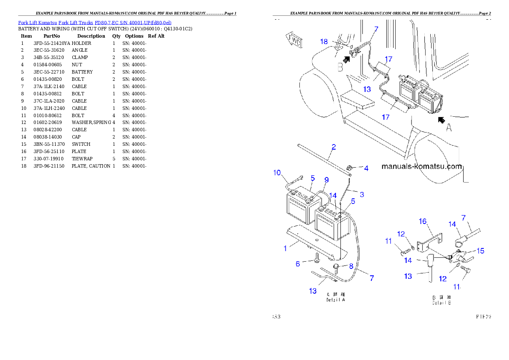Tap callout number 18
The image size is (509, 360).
tap(324, 41)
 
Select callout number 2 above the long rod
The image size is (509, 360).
tap(334, 147)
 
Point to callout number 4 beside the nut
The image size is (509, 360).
tap(366, 168)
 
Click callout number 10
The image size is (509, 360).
tap(277, 173)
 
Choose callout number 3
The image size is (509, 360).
tap(361, 195)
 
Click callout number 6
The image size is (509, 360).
tap(298, 264)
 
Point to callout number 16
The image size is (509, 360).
tap(423, 221)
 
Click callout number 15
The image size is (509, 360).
tap(481, 251)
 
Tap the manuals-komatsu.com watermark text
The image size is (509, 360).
tap(421, 167)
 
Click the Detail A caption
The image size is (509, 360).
tap(336, 298)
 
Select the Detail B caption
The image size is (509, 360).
tap(441, 301)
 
